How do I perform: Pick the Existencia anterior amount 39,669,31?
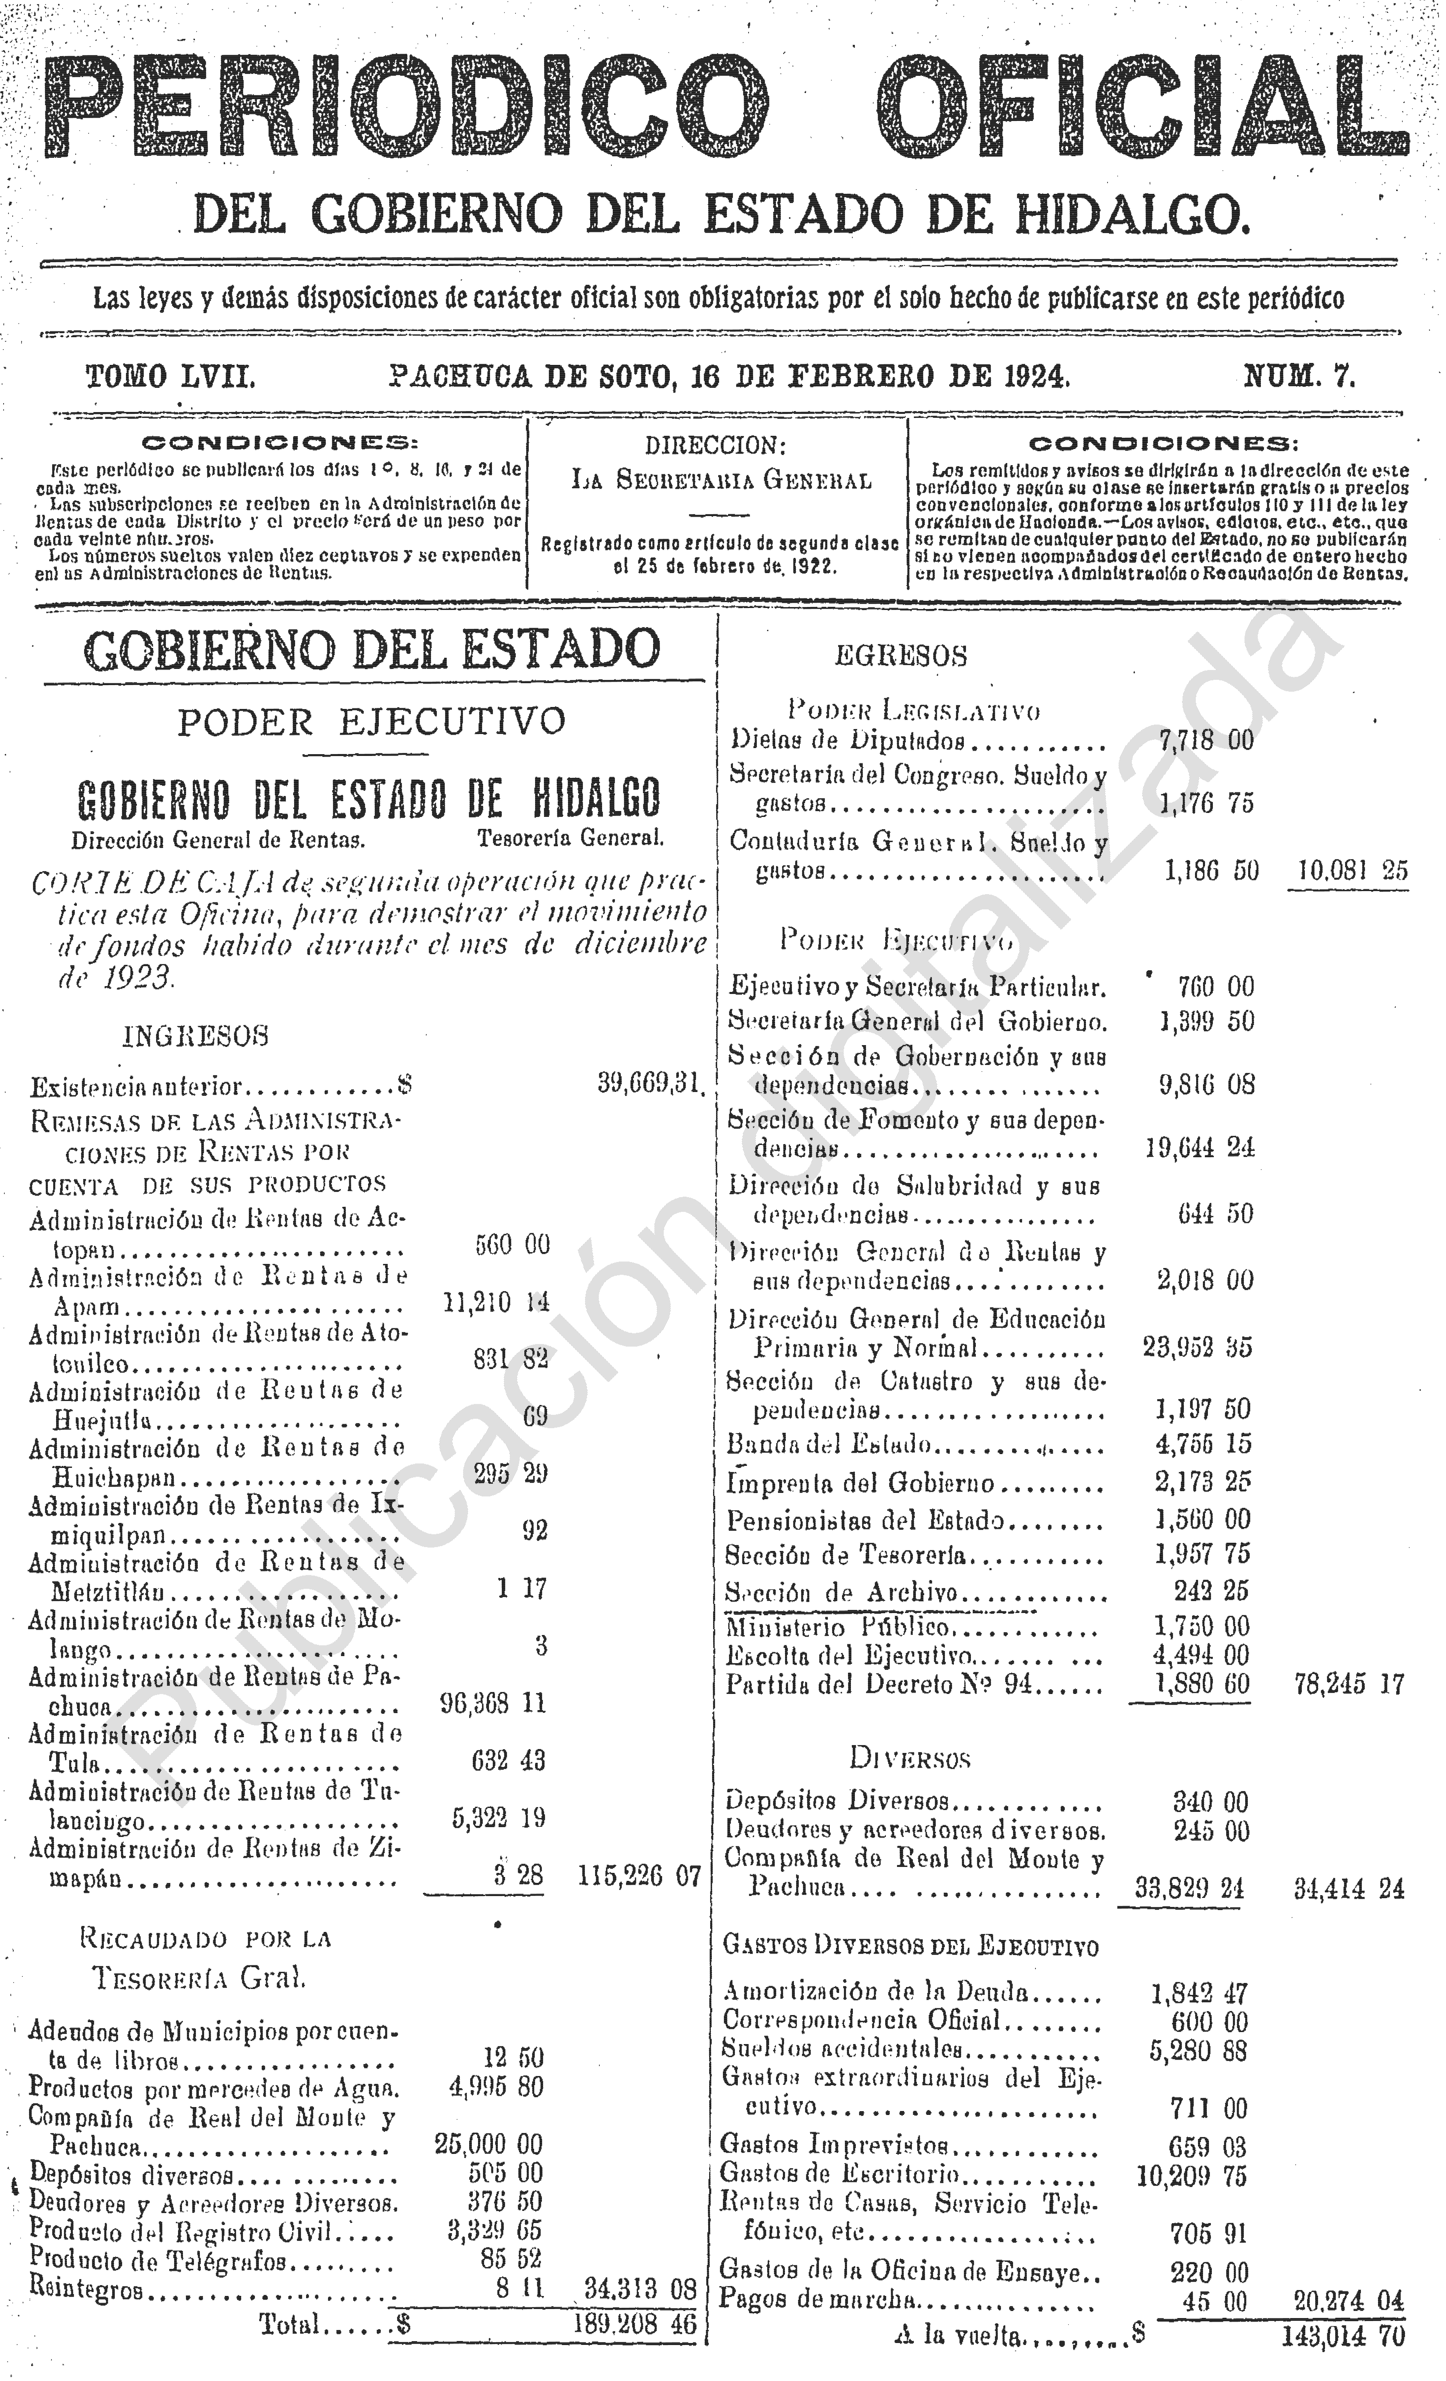click(x=648, y=1083)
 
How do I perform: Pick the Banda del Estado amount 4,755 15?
click(x=1202, y=1444)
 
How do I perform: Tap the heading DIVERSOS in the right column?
click(x=909, y=1758)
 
